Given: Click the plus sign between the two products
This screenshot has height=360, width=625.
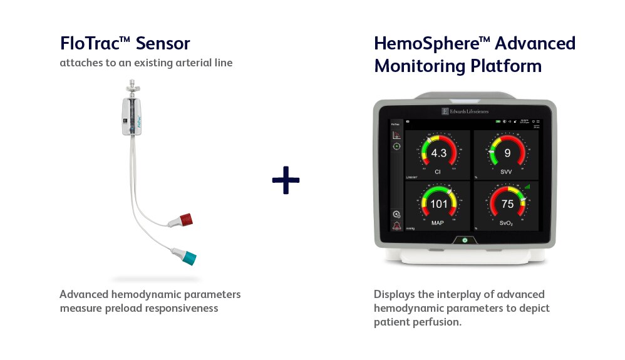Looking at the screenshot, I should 286,180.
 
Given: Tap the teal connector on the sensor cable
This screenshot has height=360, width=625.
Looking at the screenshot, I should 187,257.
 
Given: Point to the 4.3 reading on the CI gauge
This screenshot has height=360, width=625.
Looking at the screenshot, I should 438,153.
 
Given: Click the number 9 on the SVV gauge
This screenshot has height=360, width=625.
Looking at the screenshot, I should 507,153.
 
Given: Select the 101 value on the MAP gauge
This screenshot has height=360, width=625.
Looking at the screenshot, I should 438,204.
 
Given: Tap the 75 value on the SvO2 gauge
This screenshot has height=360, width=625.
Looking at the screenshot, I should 507,204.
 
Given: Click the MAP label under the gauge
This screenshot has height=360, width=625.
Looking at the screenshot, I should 438,221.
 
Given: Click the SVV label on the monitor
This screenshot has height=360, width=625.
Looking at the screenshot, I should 507,170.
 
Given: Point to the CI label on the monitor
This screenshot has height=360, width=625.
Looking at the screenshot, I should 438,170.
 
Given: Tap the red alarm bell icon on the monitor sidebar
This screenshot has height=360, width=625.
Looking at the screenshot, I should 396,226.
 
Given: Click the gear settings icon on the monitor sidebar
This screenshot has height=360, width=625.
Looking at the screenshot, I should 396,214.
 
